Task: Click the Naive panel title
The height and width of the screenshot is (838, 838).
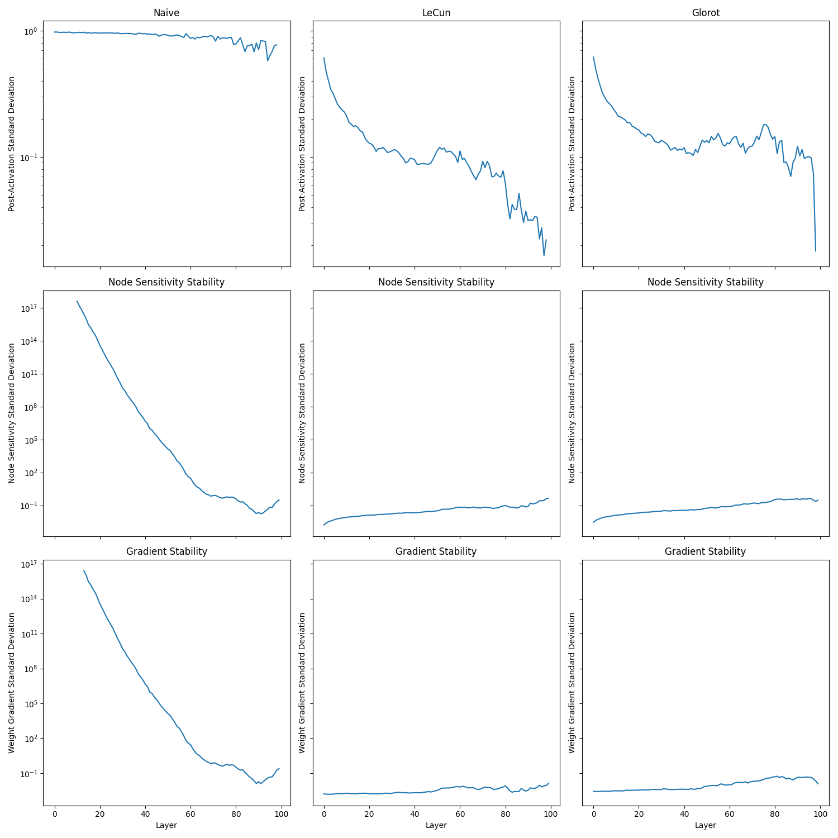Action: click(x=166, y=13)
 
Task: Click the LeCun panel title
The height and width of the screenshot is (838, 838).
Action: click(x=436, y=13)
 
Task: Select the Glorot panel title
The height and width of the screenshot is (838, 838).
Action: click(x=706, y=13)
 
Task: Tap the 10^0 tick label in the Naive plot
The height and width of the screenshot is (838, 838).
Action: click(x=29, y=31)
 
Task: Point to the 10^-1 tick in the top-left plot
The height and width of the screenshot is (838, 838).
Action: click(x=28, y=158)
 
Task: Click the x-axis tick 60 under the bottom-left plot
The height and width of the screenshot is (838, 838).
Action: click(x=191, y=814)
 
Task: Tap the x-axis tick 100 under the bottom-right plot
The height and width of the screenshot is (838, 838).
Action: click(x=820, y=814)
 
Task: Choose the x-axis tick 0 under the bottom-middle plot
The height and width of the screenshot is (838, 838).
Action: click(x=324, y=814)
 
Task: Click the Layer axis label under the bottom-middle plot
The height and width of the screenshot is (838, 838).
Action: click(x=436, y=825)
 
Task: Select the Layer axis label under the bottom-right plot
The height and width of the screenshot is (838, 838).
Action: click(x=706, y=825)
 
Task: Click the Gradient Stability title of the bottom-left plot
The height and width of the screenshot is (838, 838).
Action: click(x=166, y=551)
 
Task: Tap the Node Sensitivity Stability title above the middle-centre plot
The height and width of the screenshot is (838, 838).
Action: click(x=436, y=282)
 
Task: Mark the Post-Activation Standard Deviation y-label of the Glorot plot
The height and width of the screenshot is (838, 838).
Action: click(x=572, y=144)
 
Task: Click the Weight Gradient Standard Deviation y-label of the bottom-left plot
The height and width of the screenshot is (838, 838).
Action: click(x=12, y=683)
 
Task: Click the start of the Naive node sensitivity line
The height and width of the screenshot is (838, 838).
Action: click(x=77, y=302)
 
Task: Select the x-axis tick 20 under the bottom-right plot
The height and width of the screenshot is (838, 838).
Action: click(x=639, y=814)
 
